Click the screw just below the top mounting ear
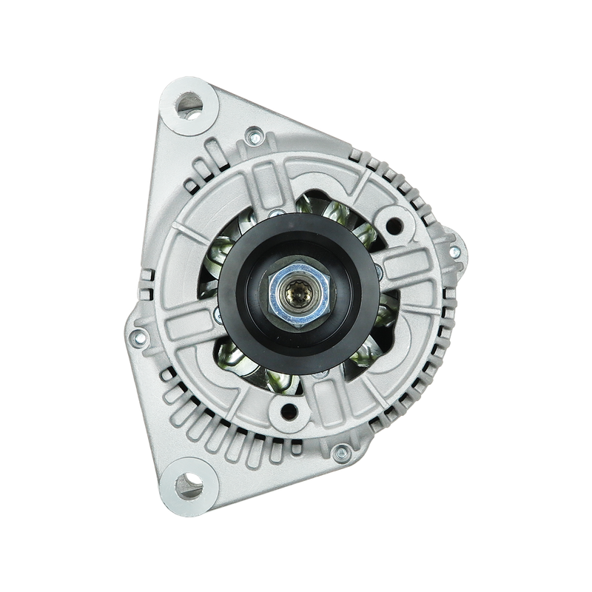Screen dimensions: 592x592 [x=254, y=135]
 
